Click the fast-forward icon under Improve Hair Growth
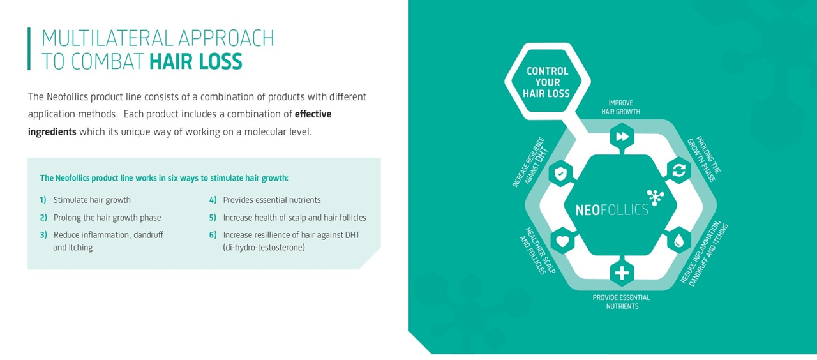[x=622, y=137]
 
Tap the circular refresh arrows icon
[x=678, y=170]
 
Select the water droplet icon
[x=678, y=241]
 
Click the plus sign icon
[x=622, y=273]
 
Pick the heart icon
[x=562, y=241]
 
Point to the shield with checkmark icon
[x=560, y=174]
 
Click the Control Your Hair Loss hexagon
[x=548, y=82]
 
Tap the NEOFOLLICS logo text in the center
[x=611, y=210]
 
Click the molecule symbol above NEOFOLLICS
[x=656, y=197]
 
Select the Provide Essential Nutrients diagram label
[x=622, y=302]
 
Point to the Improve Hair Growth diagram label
[x=621, y=107]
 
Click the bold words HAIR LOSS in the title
[x=196, y=61]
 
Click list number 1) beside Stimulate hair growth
[x=43, y=200]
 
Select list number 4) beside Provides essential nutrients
[x=213, y=200]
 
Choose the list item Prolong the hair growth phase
[x=107, y=218]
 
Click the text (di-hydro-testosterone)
[x=264, y=248]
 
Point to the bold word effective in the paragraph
[x=313, y=114]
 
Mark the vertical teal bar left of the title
[x=29, y=49]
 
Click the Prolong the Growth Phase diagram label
[x=704, y=159]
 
